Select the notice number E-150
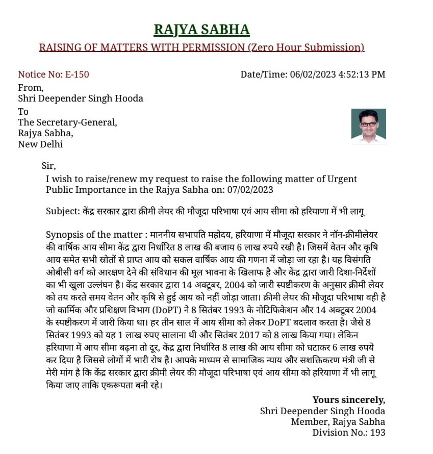(77, 74)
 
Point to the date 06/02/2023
(312, 74)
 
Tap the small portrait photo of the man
(368, 125)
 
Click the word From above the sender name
(30, 87)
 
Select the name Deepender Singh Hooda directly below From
(91, 98)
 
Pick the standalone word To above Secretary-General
(23, 111)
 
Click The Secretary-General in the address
(67, 122)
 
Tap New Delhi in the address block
(41, 144)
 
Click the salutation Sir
(48, 165)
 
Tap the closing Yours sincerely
(349, 399)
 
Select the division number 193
(378, 433)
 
